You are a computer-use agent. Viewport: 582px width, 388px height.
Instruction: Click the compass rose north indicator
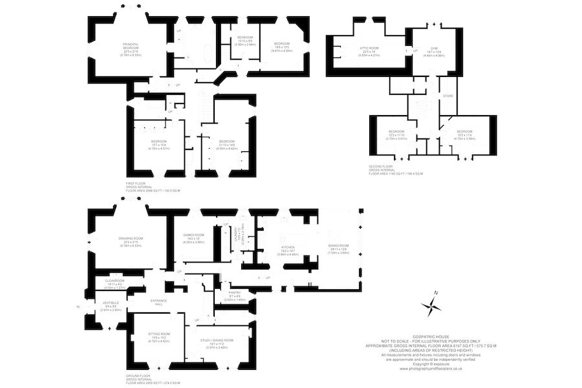pos(435,295)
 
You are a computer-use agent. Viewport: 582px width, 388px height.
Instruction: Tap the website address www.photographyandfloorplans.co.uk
pos(429,369)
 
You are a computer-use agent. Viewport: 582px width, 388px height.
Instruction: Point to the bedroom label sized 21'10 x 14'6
pos(226,144)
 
